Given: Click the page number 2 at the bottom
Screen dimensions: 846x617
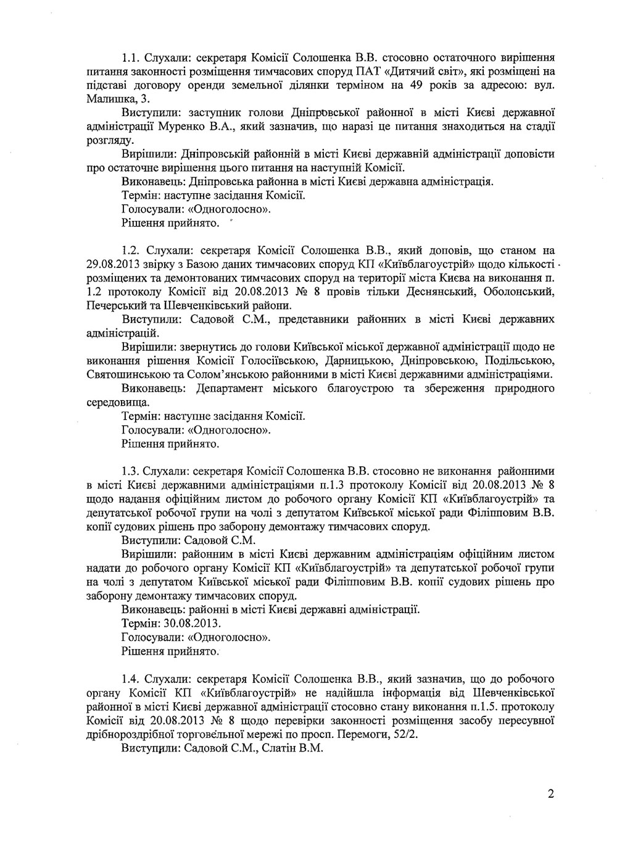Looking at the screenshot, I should point(550,794).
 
